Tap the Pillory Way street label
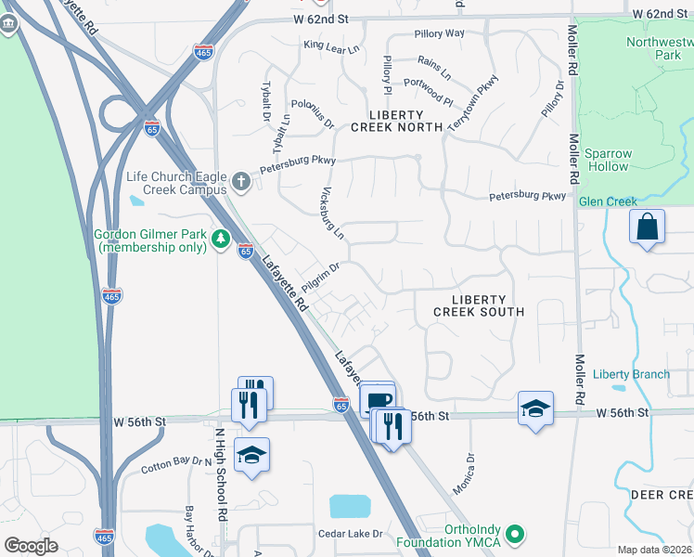441,33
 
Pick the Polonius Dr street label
313,112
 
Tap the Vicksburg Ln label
332,214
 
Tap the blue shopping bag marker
647,227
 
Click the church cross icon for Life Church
241,182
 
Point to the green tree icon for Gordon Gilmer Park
221,240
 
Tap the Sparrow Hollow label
609,160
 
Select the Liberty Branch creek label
631,374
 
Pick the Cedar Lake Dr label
351,534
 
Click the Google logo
32,546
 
